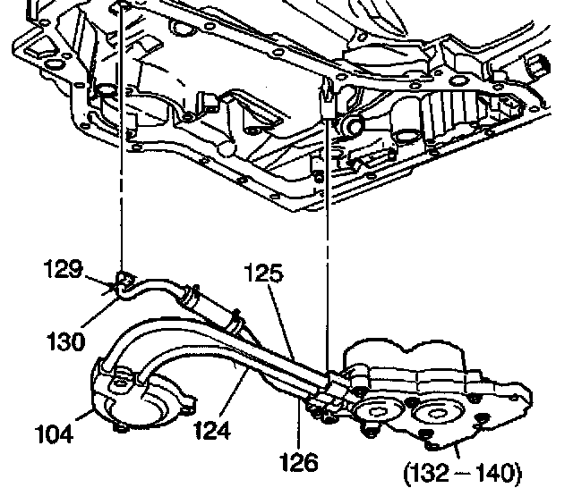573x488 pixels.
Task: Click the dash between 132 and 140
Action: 465,470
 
